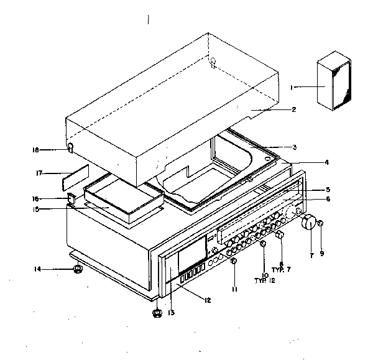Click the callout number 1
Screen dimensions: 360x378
point(291,88)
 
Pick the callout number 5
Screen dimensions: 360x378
point(327,190)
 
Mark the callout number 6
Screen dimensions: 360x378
point(327,199)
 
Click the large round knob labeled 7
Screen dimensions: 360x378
point(309,223)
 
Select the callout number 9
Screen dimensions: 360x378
point(322,254)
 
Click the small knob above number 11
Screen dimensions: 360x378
point(233,261)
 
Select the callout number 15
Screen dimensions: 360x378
point(38,209)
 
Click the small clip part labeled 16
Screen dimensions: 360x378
point(71,200)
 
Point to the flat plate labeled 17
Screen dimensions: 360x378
point(75,178)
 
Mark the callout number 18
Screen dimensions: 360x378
point(36,150)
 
